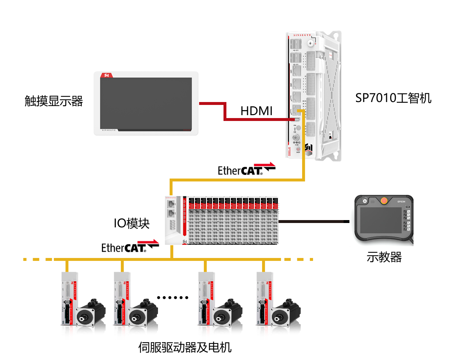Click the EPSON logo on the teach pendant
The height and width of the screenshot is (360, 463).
pyautogui.click(x=401, y=201)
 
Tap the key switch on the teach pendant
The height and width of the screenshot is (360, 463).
pyautogui.click(x=365, y=201)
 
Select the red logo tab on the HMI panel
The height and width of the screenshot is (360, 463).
pyautogui.click(x=107, y=75)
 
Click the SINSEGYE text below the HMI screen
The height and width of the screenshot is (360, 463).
pyautogui.click(x=108, y=130)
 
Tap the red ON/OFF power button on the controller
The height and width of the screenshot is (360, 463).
pyautogui.click(x=298, y=149)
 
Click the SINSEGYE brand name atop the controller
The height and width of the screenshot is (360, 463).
pyautogui.click(x=302, y=35)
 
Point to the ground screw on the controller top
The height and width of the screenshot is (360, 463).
pyautogui.click(x=310, y=43)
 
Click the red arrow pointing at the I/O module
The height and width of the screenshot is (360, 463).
pyautogui.click(x=148, y=242)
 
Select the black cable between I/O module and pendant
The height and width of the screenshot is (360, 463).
pyautogui.click(x=311, y=221)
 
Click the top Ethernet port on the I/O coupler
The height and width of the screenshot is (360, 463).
pyautogui.click(x=170, y=203)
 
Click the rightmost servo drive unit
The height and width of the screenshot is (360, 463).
pyautogui.click(x=264, y=304)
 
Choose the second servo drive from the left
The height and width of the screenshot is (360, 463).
pyautogui.click(x=122, y=304)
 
